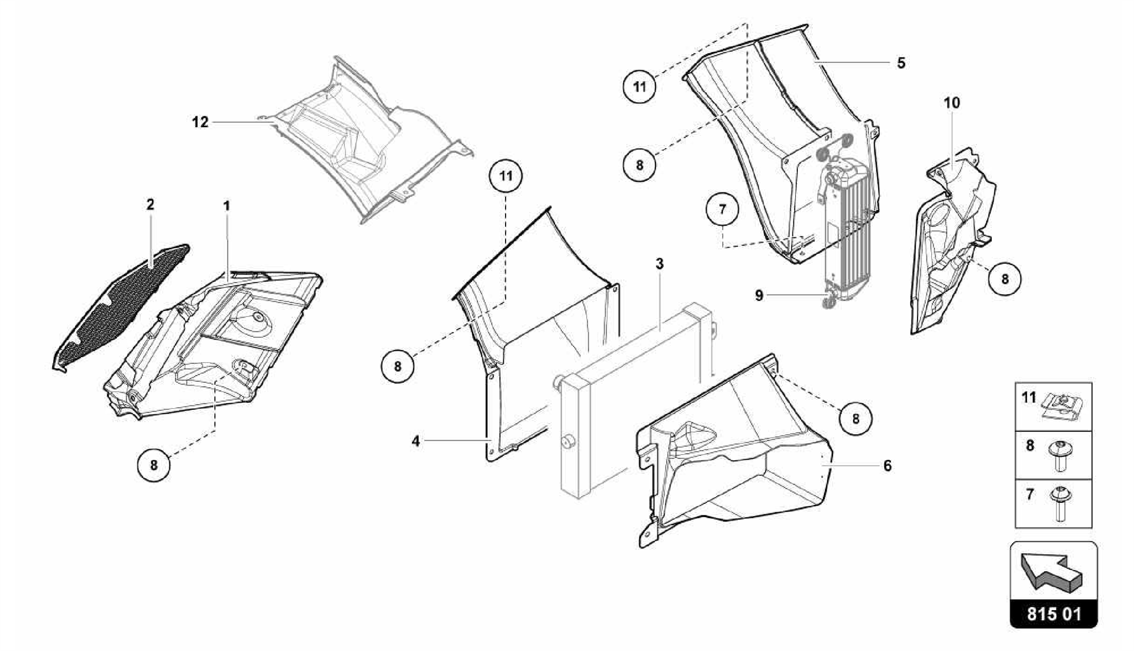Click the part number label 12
[x=200, y=122]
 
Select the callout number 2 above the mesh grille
[x=150, y=205]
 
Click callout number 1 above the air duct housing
[x=226, y=206]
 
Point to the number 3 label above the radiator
[x=659, y=264]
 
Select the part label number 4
[x=416, y=441]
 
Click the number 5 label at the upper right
[x=901, y=63]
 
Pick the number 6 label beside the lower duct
[x=888, y=466]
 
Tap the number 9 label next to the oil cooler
[x=759, y=295]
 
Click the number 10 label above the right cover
[x=952, y=102]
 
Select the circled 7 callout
[x=722, y=210]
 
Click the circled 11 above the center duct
[x=506, y=176]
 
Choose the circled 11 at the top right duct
[x=640, y=87]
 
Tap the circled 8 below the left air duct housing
[x=154, y=465]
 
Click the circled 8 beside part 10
[x=1004, y=279]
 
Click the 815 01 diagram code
[x=1054, y=614]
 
